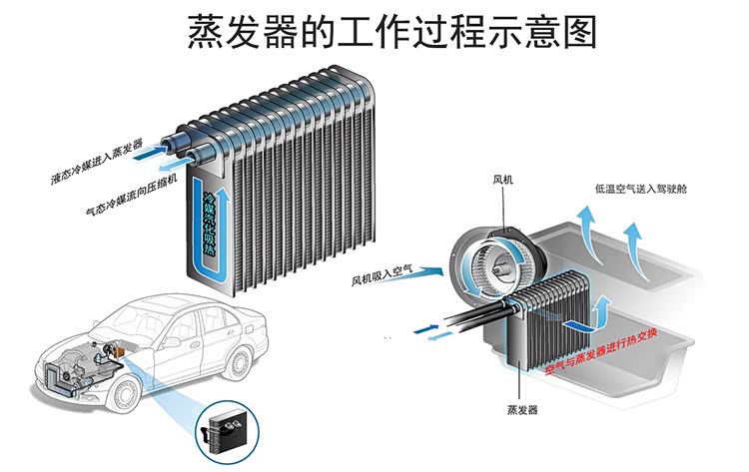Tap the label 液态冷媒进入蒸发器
[x=97, y=164]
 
